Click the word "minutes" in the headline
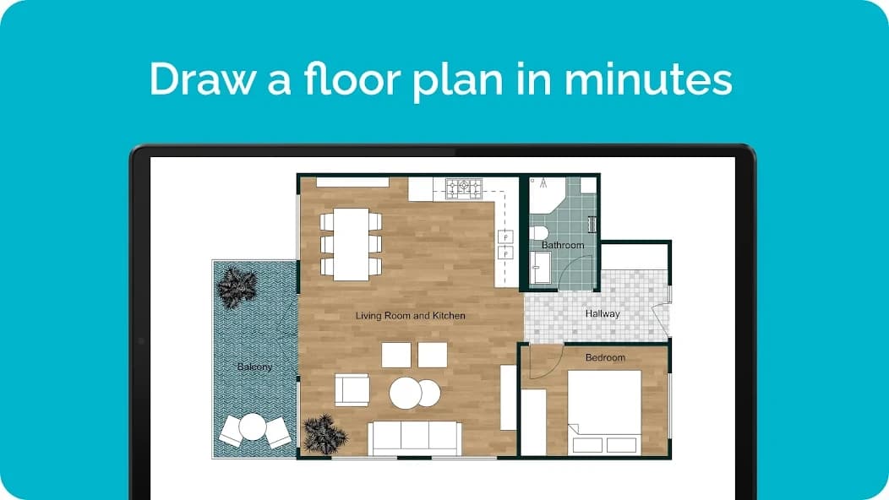click(648, 79)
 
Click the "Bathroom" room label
click(563, 245)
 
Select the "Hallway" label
click(603, 313)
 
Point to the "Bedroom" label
click(606, 358)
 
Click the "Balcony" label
click(254, 367)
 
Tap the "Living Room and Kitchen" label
click(411, 316)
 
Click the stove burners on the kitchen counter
click(464, 189)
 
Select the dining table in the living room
click(351, 244)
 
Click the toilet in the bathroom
click(538, 232)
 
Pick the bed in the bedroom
click(604, 413)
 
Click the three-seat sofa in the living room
click(414, 438)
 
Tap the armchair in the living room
click(352, 390)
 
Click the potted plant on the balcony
click(237, 287)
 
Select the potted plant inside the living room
click(325, 434)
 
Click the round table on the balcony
click(253, 427)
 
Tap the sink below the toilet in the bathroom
click(541, 267)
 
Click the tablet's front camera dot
click(141, 340)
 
